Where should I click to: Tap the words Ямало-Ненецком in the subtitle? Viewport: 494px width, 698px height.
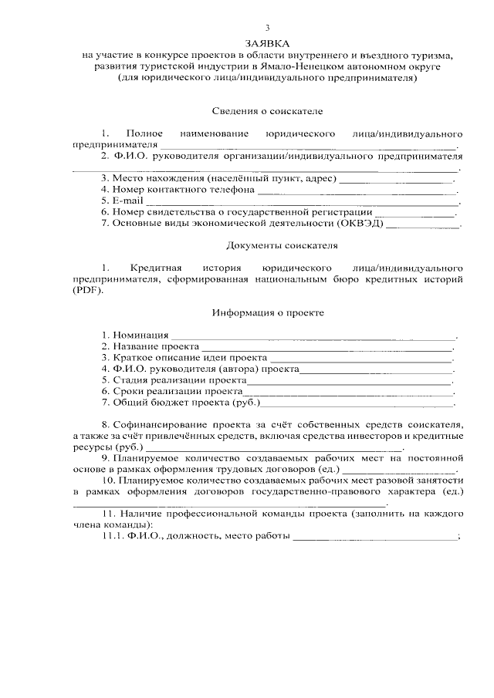click(293, 67)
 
